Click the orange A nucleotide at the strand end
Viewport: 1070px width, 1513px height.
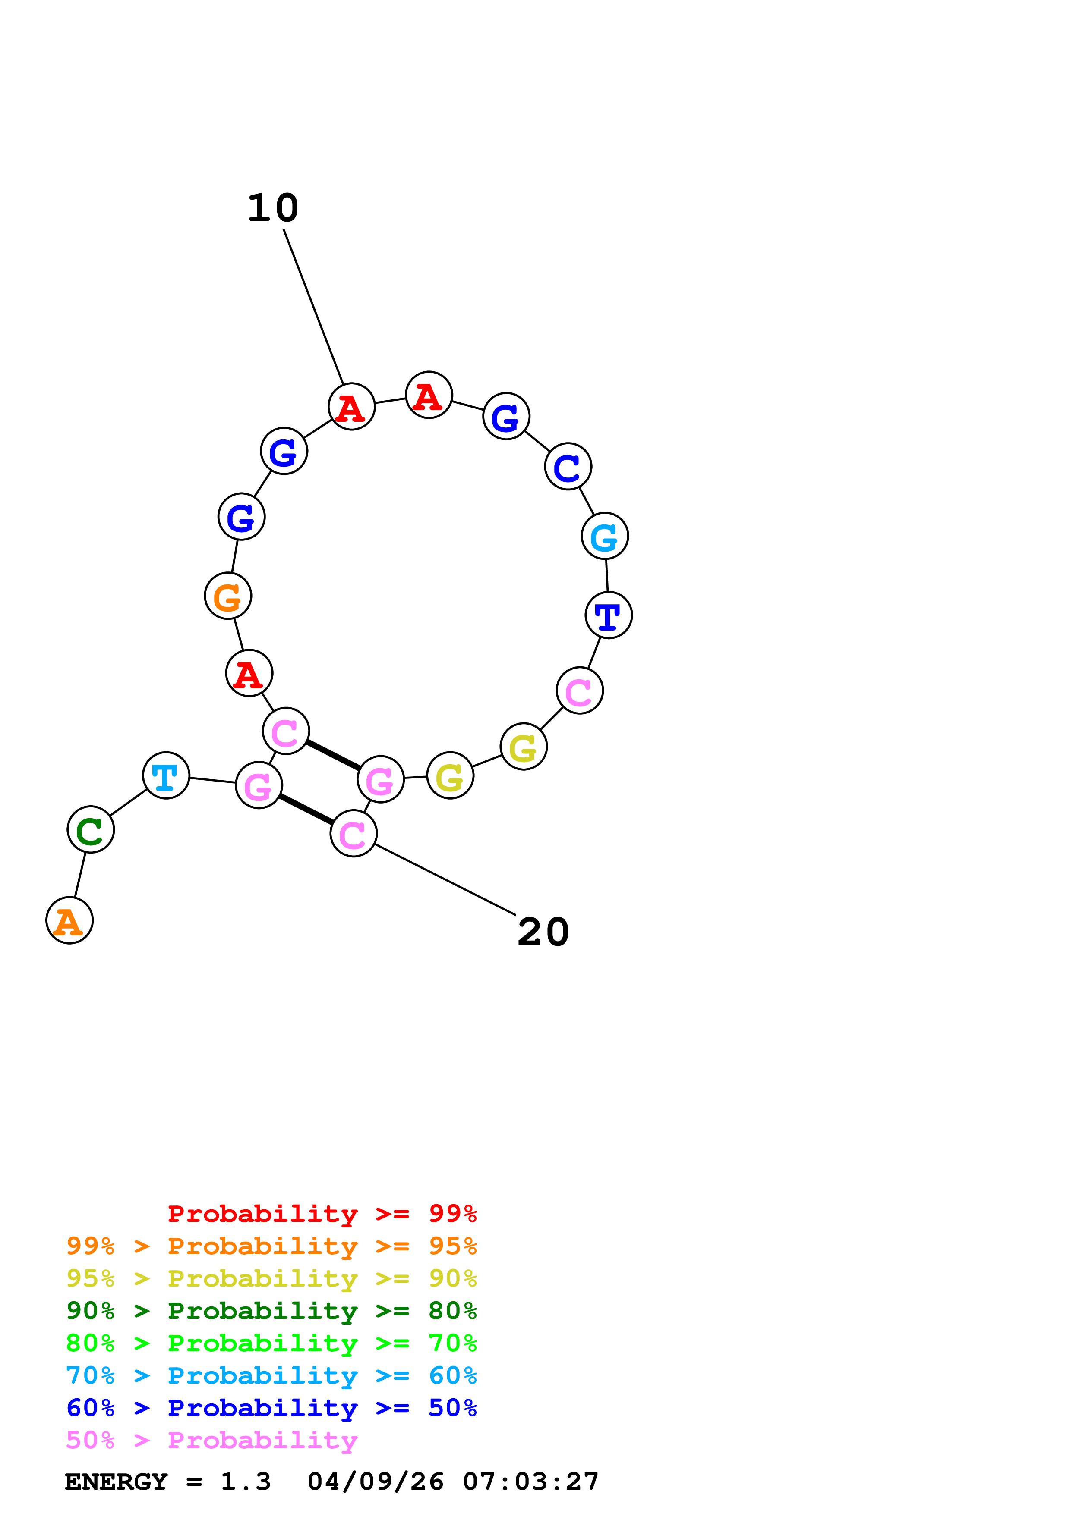tap(69, 920)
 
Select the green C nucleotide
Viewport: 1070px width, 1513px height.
tap(90, 830)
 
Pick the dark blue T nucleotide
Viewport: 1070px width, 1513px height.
tap(608, 615)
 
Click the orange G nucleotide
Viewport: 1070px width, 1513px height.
tap(228, 596)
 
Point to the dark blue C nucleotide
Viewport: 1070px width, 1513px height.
tap(568, 467)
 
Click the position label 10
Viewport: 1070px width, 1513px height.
tap(273, 208)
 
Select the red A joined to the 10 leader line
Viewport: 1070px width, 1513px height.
tap(351, 407)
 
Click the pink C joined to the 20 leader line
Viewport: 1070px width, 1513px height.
tap(354, 834)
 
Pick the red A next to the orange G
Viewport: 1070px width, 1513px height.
tap(249, 673)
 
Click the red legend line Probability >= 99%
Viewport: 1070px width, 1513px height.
tap(322, 1214)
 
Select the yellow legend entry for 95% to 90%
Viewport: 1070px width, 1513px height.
tap(271, 1278)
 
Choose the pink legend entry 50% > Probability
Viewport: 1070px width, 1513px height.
tap(211, 1440)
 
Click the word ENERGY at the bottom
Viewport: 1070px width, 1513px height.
tap(116, 1482)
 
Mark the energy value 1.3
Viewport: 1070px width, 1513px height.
tap(245, 1482)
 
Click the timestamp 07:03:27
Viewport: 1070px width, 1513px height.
tap(531, 1482)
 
